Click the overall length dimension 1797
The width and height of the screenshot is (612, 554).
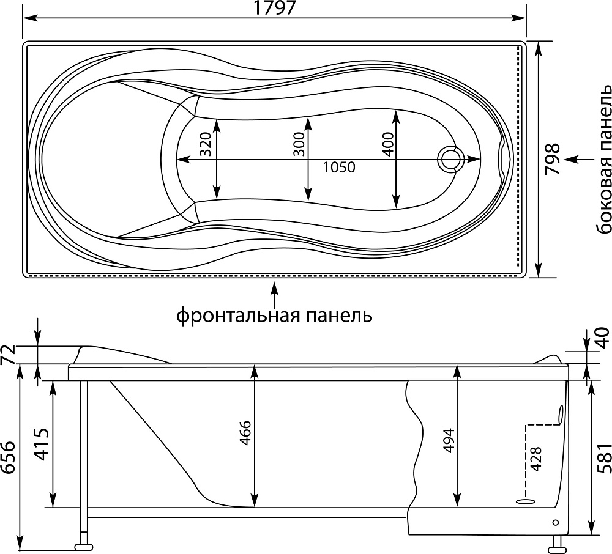pyautogui.click(x=274, y=8)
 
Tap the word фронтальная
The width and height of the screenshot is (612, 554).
pyautogui.click(x=239, y=316)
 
